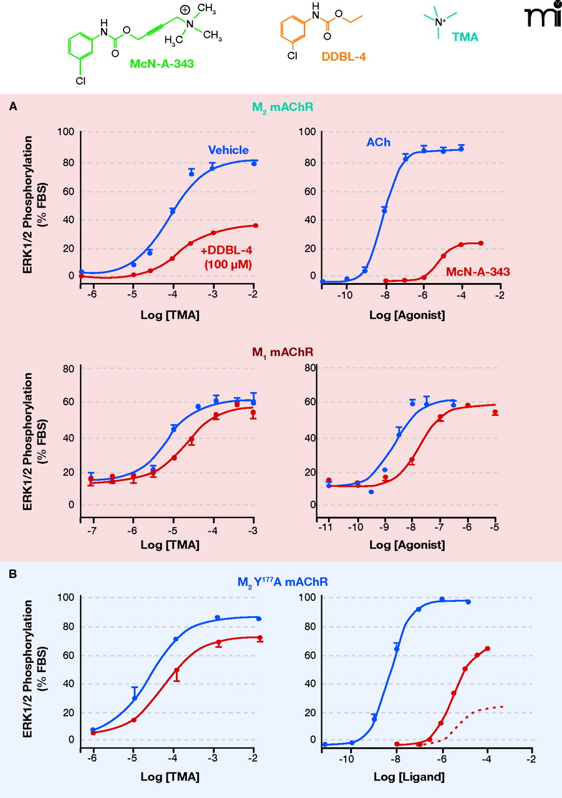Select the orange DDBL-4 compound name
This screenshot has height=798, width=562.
(344, 57)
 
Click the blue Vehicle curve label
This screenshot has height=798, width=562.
(228, 150)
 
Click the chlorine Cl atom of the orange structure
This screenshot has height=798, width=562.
(292, 55)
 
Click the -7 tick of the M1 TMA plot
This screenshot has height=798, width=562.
(92, 529)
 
